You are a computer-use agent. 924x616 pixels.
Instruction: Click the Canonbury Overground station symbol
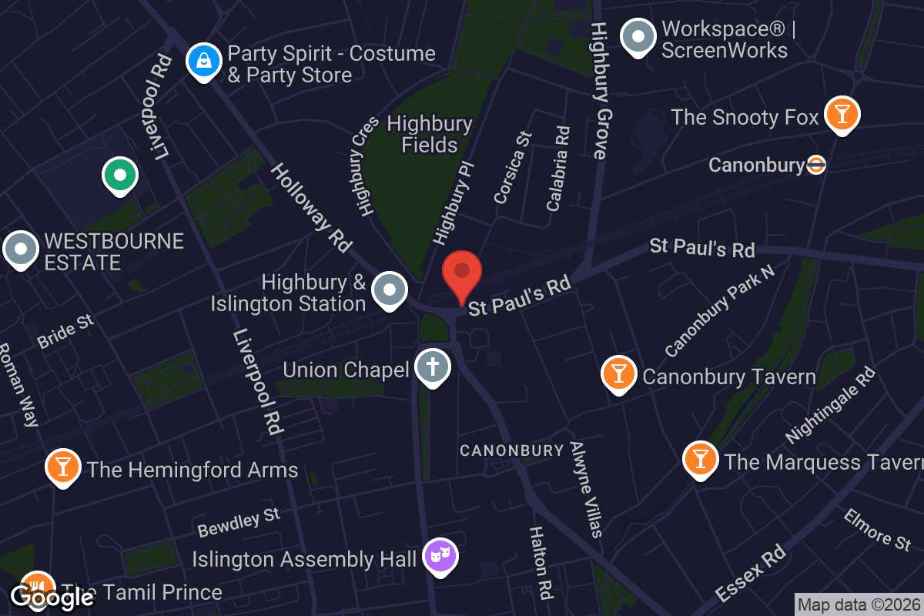pyautogui.click(x=816, y=165)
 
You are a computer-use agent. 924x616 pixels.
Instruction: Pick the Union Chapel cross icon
pyautogui.click(x=433, y=367)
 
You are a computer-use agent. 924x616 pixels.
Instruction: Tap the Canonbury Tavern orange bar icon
pyautogui.click(x=618, y=373)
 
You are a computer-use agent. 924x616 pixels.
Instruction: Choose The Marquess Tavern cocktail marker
pyautogui.click(x=700, y=459)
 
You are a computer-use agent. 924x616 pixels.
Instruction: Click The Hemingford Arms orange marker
pyautogui.click(x=63, y=467)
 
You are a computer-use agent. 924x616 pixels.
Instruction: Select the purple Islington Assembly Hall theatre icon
pyautogui.click(x=440, y=556)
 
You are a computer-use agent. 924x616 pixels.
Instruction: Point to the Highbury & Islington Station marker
pyautogui.click(x=390, y=290)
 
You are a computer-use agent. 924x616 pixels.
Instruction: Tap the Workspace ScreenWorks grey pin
pyautogui.click(x=638, y=36)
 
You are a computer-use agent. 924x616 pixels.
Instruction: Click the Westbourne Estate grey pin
pyautogui.click(x=21, y=249)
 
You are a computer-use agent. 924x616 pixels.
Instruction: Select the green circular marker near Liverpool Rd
pyautogui.click(x=120, y=175)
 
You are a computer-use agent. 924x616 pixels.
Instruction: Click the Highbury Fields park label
pyautogui.click(x=430, y=134)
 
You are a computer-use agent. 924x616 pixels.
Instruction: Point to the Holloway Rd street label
pyautogui.click(x=310, y=207)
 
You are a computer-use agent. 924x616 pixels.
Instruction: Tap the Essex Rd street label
pyautogui.click(x=750, y=573)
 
